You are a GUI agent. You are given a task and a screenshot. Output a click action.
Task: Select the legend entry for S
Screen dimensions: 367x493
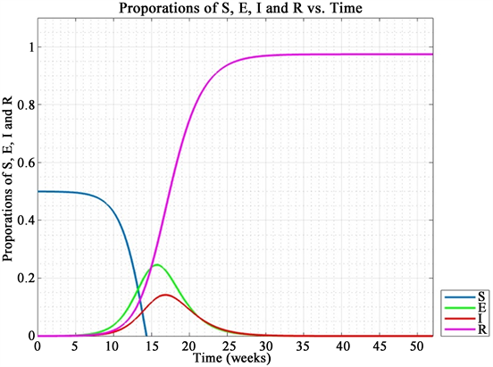pos(467,296)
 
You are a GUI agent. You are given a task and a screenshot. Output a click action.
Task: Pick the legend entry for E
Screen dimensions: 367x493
pos(467,306)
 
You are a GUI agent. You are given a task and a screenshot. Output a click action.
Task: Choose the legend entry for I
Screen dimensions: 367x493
pos(467,317)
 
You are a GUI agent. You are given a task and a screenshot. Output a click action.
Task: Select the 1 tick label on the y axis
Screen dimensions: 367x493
pos(29,46)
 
